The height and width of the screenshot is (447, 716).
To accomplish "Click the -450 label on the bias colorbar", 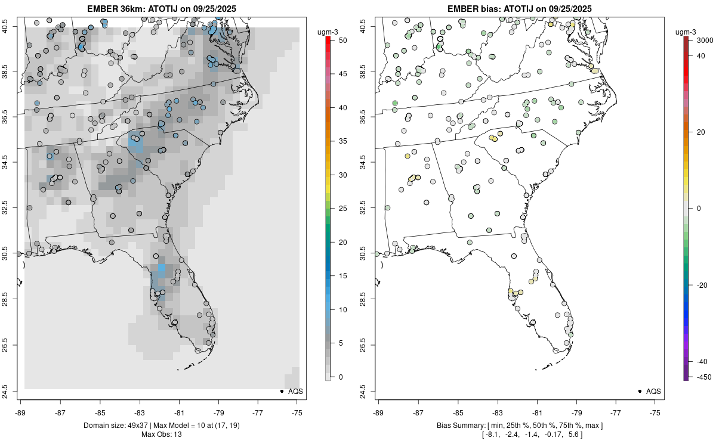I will point(696,377).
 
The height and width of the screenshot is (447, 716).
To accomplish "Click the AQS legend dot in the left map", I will point(281,392).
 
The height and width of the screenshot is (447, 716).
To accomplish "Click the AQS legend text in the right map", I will point(653,392).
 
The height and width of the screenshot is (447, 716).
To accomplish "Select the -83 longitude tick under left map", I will point(140,412).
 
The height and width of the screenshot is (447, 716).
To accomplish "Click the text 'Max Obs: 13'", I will point(162,434).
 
